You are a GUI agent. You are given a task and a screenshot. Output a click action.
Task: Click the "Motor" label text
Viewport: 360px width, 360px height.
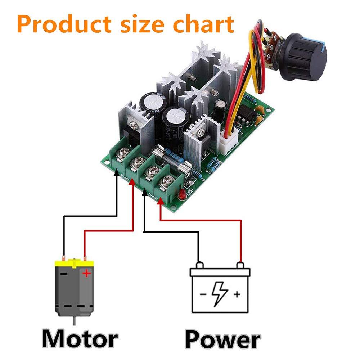[80, 339]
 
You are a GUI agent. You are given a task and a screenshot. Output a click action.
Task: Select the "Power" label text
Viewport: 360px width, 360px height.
[222, 339]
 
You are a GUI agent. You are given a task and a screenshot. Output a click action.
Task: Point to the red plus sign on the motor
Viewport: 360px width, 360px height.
[86, 274]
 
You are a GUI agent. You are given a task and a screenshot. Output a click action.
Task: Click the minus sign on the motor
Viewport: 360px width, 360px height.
[64, 274]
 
